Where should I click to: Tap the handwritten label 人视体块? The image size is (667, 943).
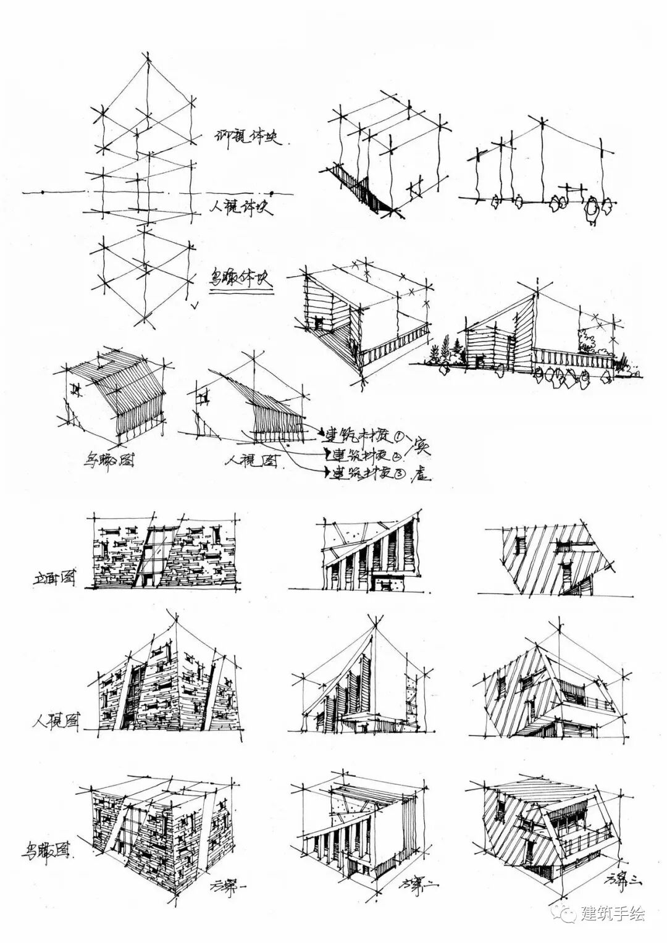click(240, 204)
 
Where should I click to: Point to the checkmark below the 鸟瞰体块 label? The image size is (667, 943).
click(195, 304)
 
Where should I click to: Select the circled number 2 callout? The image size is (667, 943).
click(396, 455)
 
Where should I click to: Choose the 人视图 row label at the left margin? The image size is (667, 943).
click(57, 721)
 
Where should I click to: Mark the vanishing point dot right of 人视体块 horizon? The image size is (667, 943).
click(272, 191)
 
